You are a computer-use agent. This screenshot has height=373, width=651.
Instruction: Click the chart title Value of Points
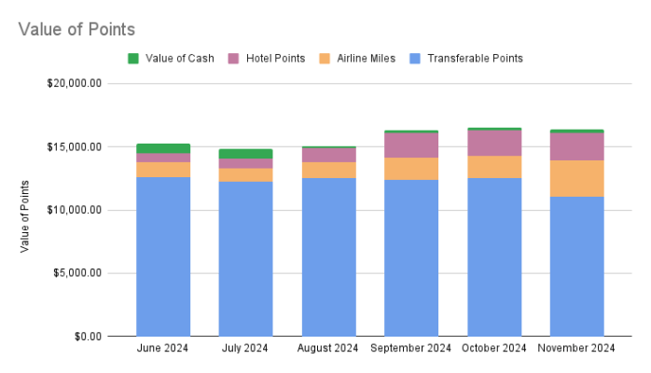(76, 29)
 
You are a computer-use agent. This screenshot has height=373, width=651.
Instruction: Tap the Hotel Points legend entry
(275, 58)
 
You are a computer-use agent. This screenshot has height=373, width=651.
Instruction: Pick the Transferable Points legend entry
(474, 58)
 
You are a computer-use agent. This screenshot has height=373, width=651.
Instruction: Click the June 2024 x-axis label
(163, 349)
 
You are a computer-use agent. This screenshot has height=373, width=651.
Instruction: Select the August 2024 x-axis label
(329, 349)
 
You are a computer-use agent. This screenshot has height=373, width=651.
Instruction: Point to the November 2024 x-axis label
(576, 349)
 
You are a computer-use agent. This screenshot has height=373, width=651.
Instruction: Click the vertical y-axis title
(25, 215)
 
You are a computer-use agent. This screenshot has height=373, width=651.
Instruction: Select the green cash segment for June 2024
(163, 148)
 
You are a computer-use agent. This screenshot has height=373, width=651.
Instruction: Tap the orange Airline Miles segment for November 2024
(576, 178)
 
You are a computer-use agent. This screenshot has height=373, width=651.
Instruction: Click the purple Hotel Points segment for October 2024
(494, 143)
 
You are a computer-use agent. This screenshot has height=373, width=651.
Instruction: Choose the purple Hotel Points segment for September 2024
(411, 145)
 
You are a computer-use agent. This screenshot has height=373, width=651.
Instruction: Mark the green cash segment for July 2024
(246, 154)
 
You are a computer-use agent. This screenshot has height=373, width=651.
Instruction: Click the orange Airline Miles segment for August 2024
(329, 170)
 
